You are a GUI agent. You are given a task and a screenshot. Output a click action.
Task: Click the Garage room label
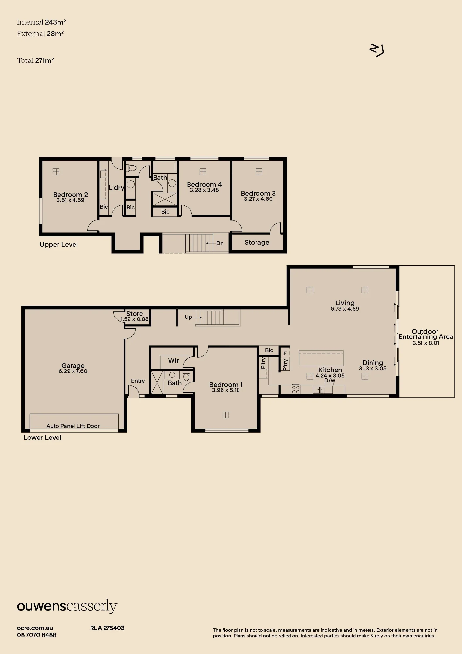[73, 366]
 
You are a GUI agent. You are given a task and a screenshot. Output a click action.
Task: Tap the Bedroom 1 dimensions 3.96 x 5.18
[226, 390]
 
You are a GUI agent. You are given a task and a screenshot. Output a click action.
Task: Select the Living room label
[345, 303]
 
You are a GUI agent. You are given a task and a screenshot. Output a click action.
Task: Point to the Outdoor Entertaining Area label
[426, 334]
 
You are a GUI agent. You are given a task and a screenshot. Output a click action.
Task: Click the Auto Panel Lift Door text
[73, 426]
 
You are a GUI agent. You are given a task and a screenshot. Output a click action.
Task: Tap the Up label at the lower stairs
[188, 317]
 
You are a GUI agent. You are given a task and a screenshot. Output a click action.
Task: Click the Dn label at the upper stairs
[220, 243]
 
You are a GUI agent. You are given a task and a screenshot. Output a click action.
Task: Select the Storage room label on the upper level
[257, 242]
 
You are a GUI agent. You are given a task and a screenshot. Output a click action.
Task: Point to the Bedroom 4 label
[204, 184]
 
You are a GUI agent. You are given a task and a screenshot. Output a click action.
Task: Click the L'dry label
[116, 188]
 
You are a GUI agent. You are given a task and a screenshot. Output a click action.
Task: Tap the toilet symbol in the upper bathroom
[131, 168]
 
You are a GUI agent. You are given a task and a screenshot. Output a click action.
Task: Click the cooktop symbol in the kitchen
[296, 389]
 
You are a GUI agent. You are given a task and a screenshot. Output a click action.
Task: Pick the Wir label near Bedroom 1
[173, 361]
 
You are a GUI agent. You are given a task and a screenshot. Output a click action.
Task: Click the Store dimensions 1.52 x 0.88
[134, 319]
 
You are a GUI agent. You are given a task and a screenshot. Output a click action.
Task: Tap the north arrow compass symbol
[377, 51]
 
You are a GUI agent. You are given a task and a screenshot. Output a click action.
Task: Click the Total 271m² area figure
[35, 60]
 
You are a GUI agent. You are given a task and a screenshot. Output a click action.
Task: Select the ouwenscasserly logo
[67, 606]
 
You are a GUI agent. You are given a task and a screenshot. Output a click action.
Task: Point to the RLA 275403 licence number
[107, 628]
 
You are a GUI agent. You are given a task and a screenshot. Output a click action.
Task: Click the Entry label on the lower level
[138, 381]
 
